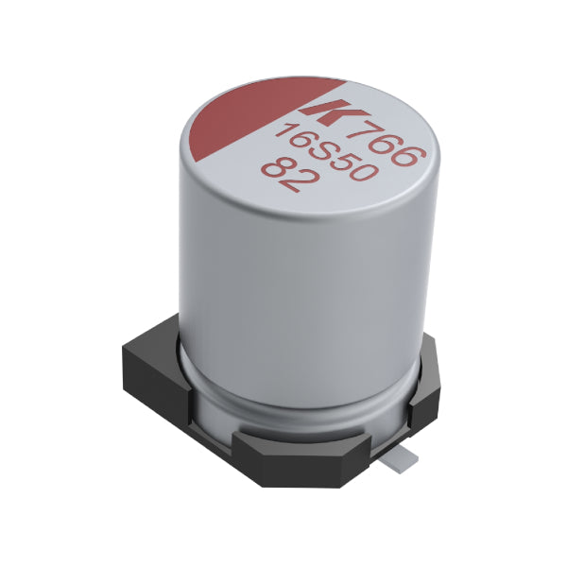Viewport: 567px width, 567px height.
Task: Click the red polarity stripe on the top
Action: [253, 112]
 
